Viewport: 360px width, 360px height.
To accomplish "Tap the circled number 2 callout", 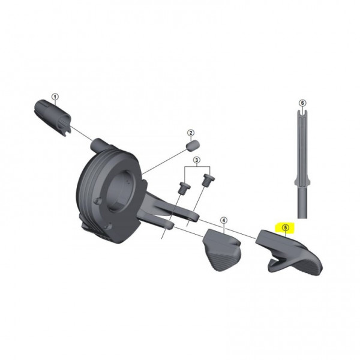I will [190, 133].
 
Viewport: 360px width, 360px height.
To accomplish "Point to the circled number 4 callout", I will [223, 221].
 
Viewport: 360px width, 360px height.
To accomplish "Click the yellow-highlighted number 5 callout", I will [286, 228].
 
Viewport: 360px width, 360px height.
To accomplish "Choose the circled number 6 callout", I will [302, 103].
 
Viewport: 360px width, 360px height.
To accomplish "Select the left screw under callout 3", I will [182, 187].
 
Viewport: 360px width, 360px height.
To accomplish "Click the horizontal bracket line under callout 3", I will [196, 169].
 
